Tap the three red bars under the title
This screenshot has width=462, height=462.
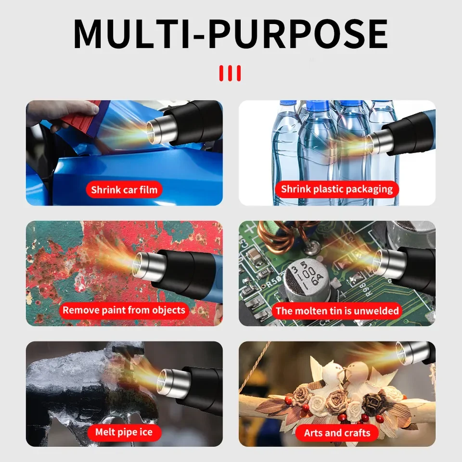(x=230, y=73)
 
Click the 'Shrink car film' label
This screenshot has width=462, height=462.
(x=124, y=190)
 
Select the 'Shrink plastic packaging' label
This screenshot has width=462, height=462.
(x=337, y=189)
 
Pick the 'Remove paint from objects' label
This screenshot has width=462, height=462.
(x=124, y=310)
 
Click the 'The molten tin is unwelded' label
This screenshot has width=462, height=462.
(x=337, y=311)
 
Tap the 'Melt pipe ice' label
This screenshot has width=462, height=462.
(x=124, y=432)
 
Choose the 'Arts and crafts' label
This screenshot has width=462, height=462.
(x=337, y=433)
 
